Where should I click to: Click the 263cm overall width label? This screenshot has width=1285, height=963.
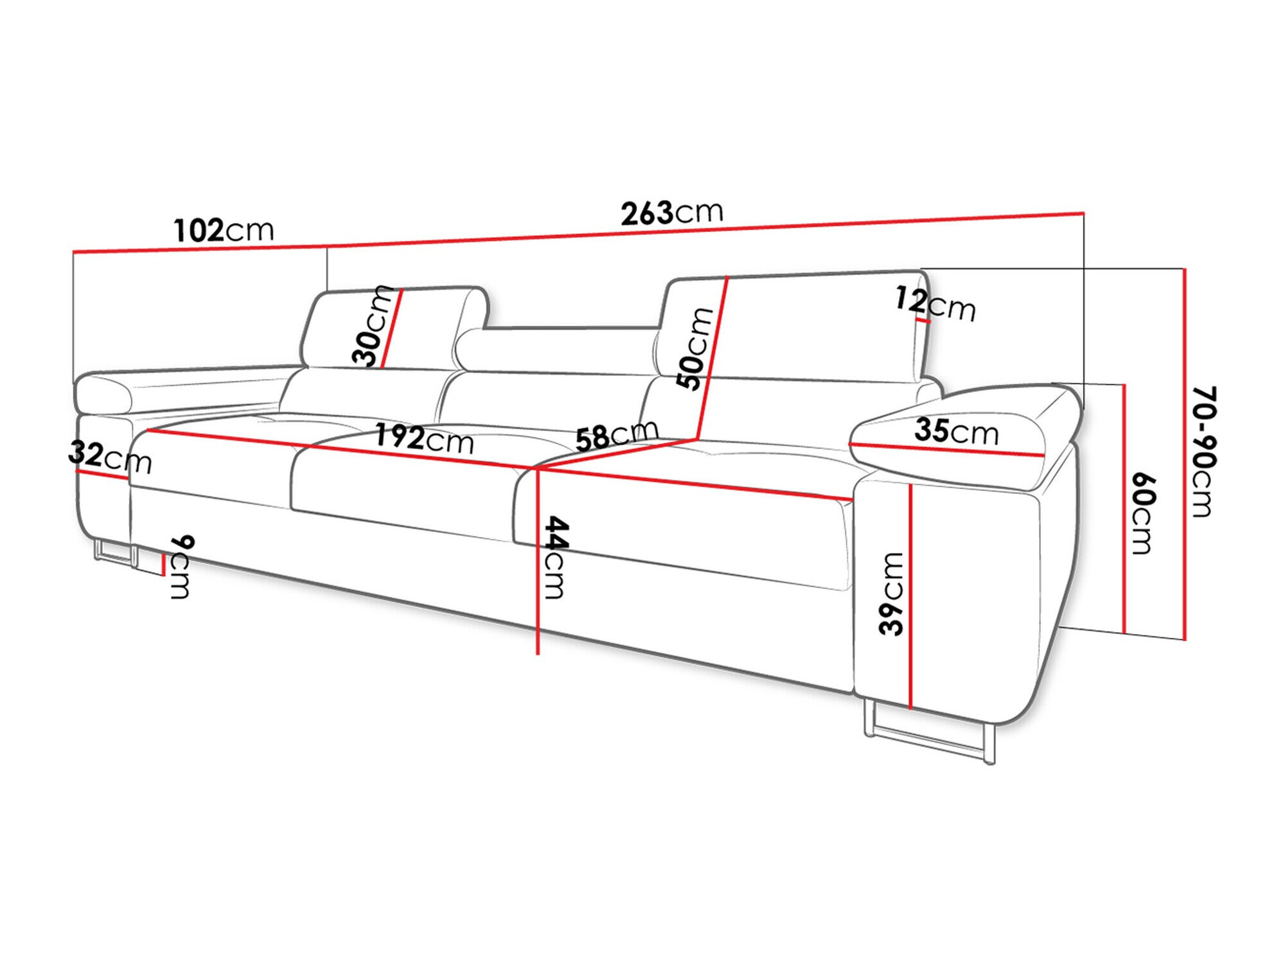[x=671, y=213]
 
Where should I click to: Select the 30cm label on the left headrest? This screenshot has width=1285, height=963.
[x=372, y=326]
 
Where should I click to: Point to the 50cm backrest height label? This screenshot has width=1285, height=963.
[x=695, y=349]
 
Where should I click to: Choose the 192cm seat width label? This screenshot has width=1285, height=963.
[x=424, y=439]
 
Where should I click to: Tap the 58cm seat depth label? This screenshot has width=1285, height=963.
[x=616, y=435]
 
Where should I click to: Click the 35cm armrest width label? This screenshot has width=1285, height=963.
[x=956, y=431]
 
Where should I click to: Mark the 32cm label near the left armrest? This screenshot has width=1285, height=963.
[x=110, y=457]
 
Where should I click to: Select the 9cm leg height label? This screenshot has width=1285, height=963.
[x=180, y=567]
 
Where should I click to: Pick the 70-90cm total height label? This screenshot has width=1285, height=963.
[x=1201, y=451]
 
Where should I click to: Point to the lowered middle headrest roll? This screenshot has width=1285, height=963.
[x=559, y=350]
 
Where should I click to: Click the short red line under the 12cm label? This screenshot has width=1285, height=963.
[x=923, y=319]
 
